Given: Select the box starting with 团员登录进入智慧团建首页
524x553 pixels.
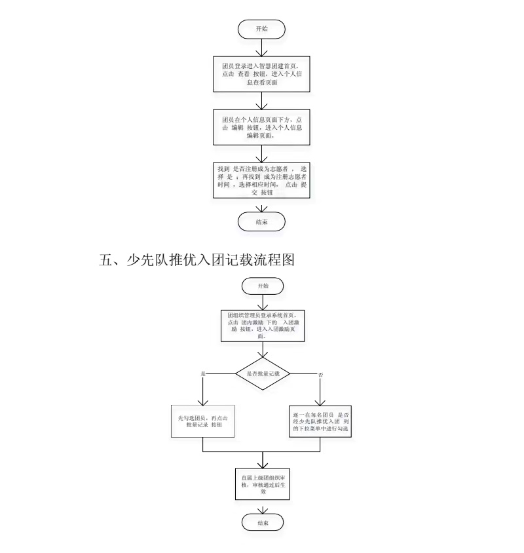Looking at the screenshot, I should [261, 74].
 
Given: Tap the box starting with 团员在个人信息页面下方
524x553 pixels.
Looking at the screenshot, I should [261, 127].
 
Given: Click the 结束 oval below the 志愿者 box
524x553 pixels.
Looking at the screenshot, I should [261, 222].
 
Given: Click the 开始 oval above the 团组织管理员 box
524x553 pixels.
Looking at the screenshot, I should [261, 286].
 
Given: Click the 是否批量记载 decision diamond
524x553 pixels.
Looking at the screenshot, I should [261, 373].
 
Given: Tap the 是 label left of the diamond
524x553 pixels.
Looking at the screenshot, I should [203, 373].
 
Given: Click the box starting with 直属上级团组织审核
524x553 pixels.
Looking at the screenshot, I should [261, 484].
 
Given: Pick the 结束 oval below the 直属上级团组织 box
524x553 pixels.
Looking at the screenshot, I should [261, 522].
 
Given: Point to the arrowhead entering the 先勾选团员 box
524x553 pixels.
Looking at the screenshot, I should [203, 402].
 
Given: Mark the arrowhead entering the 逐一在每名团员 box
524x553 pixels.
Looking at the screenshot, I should [320, 402].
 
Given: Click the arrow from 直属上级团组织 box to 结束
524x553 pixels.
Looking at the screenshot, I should [261, 508].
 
